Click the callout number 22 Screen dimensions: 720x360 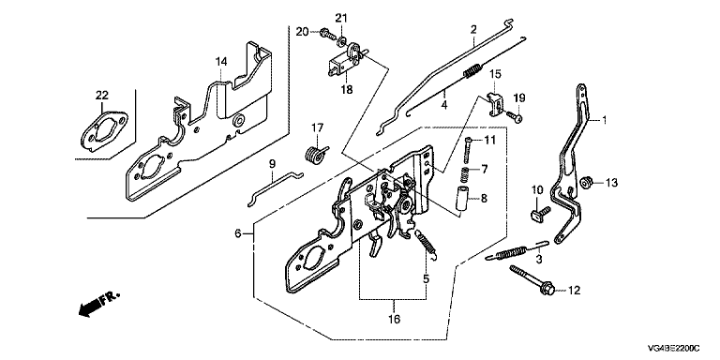[102, 95]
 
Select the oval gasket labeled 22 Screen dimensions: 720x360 [104, 131]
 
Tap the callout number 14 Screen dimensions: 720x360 [221, 61]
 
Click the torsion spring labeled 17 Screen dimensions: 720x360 [316, 153]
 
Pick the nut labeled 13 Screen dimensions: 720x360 [585, 182]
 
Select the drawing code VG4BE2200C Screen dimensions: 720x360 [673, 348]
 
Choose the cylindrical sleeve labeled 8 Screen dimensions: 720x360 [461, 202]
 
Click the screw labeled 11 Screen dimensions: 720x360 [467, 150]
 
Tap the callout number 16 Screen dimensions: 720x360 [394, 319]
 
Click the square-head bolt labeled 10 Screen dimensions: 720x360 [540, 212]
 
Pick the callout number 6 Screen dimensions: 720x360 [238, 233]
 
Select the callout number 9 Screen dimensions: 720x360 [271, 163]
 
